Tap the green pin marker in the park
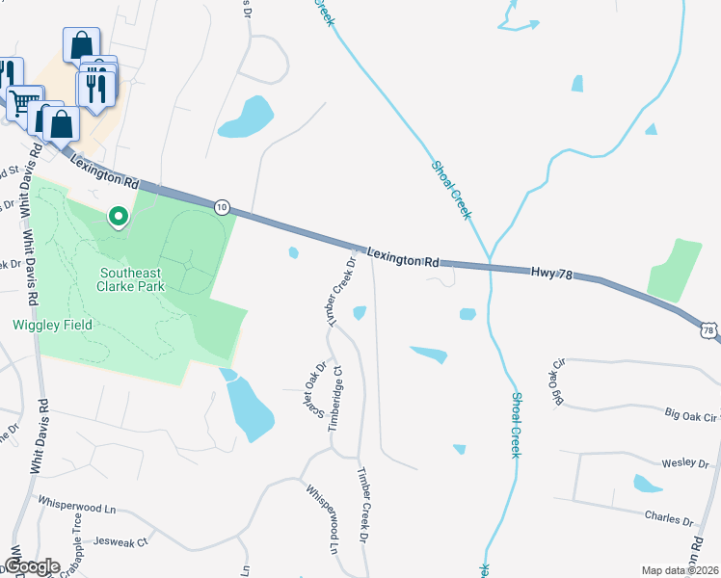(119, 217)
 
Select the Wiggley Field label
(52, 325)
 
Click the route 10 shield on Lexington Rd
(222, 206)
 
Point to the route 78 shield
(710, 330)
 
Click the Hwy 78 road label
(551, 275)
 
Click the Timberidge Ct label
(336, 397)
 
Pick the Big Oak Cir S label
(693, 416)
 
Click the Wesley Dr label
(687, 463)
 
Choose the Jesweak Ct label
(128, 542)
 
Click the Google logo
(31, 566)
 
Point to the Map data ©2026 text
(680, 570)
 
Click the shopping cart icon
(25, 101)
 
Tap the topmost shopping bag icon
(82, 43)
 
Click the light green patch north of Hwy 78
(674, 270)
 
